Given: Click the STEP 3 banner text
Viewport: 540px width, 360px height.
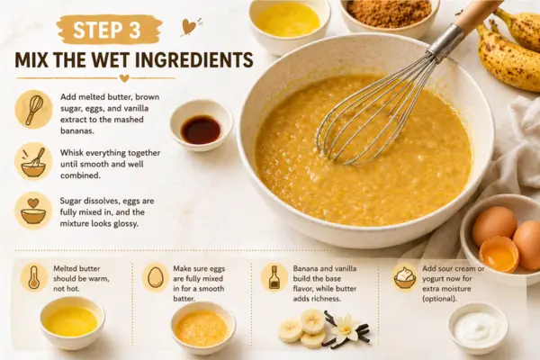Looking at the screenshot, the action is coord(107,31).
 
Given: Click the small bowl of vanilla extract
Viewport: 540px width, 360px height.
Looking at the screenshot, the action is coord(201,125).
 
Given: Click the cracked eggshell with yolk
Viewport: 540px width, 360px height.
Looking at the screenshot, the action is coord(499,254).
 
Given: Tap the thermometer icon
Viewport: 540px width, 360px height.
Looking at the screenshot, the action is coord(34,277).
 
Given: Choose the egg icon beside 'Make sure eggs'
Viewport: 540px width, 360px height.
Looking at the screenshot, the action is coord(156,277).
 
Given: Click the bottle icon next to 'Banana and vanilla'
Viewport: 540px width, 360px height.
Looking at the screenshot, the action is coord(274,277).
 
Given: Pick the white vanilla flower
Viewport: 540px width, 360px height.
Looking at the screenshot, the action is coord(346,327).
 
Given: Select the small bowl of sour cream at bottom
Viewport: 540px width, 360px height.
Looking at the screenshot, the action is coord(479,328).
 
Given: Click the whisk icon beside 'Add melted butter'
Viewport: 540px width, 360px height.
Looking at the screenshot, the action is coord(34,110).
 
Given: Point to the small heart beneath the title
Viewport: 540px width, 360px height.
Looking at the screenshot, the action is coord(124,78).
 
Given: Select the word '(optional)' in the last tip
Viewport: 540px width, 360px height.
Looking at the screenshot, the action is coord(439,299).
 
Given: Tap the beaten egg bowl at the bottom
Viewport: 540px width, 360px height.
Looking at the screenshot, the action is coord(203,328).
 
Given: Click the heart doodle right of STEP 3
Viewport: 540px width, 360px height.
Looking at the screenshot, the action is coord(188,27).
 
